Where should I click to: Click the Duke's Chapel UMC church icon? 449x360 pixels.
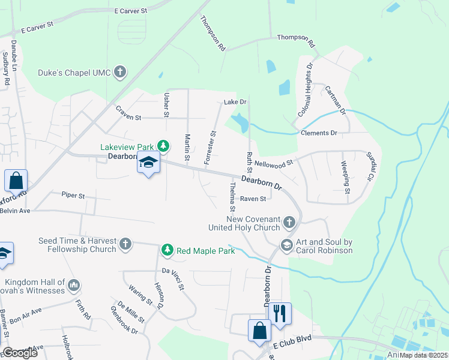pos(120,73)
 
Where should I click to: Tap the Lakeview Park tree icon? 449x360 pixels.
pos(163,145)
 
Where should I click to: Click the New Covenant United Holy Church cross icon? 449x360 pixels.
pos(289,223)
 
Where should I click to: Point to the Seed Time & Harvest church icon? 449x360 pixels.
pos(125,244)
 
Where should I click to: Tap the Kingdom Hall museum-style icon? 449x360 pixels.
pos(74,284)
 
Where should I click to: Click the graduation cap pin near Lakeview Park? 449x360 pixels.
pos(148,163)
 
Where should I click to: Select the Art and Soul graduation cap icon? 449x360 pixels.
pos(286,245)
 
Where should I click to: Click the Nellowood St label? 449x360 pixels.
pos(273,162)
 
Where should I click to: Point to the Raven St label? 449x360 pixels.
pos(253,199)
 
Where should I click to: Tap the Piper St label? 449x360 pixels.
pos(73,195)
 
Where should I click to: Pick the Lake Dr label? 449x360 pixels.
pos(235,103)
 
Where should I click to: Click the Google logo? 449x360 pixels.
pos(20,353)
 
